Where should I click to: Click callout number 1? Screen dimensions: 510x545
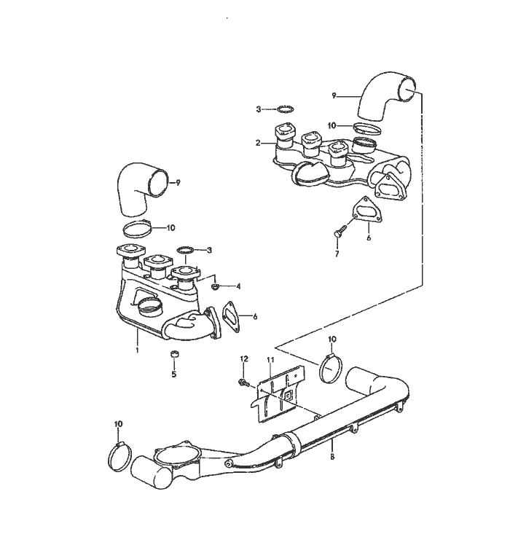click(x=137, y=350)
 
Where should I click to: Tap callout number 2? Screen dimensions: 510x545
click(x=258, y=143)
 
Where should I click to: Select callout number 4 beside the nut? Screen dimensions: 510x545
click(x=238, y=286)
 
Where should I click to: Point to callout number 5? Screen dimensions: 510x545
click(x=174, y=374)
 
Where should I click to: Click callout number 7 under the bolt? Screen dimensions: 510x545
click(x=337, y=254)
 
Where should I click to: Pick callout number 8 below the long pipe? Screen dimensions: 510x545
click(x=332, y=456)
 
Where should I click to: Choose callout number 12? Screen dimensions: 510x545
click(x=244, y=358)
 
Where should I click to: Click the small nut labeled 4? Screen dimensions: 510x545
click(x=214, y=286)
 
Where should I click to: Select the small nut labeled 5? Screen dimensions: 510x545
click(x=174, y=354)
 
